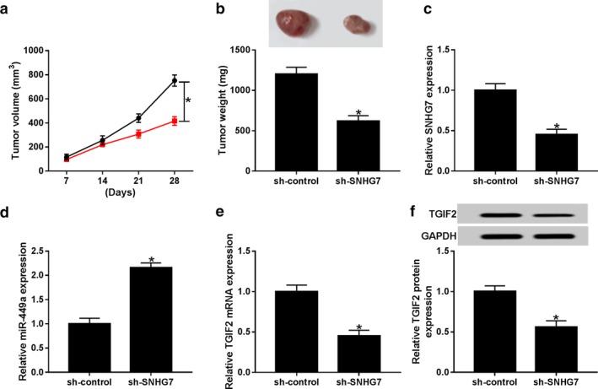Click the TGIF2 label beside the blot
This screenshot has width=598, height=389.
(x=434, y=215)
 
